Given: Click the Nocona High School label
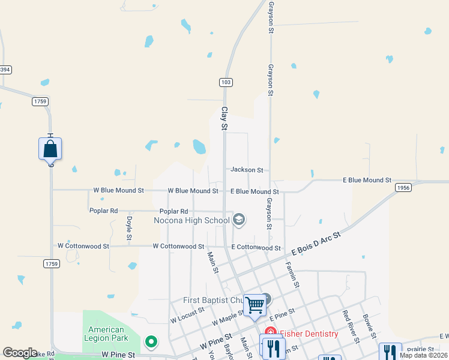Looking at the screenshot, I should pos(191,220).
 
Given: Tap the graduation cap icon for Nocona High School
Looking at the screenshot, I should pos(239,220).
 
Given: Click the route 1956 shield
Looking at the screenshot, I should pos(403,188).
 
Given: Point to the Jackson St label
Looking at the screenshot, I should pos(247,170).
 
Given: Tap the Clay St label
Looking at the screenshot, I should pos(224,119).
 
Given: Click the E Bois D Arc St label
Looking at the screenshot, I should pos(316,244).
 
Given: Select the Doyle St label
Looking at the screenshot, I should pos(129,229).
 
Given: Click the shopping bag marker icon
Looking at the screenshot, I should pos(50,148).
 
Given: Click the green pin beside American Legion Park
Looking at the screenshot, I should pos(151,342).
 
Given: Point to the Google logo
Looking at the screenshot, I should pos(20,353).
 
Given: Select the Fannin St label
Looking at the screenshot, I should pos(293,275).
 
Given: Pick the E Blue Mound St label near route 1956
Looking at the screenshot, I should pos(367,180).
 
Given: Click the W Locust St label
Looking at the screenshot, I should pos(187,316).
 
